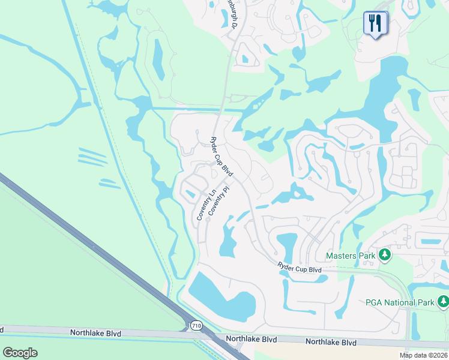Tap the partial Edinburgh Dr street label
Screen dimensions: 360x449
[232, 14]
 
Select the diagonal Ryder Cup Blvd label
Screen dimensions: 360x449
[221, 156]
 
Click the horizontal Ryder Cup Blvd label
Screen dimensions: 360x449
[300, 268]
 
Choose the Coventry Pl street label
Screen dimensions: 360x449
[219, 200]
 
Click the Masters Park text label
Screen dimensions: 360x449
[351, 256]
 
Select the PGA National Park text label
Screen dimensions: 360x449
[400, 302]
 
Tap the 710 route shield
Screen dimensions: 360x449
[196, 326]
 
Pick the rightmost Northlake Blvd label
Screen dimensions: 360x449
[331, 342]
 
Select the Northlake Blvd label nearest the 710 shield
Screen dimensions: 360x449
[252, 339]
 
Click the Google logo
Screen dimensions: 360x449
[20, 353]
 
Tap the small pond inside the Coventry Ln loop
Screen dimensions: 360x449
[190, 193]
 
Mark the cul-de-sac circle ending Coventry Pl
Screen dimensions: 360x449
[208, 220]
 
